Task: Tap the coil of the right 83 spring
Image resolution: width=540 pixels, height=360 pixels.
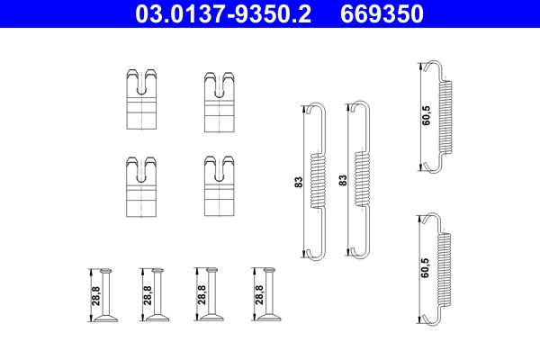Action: (362, 180)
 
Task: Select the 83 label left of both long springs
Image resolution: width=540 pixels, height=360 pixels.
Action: (299, 181)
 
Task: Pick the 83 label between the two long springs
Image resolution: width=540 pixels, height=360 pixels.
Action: (343, 181)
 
